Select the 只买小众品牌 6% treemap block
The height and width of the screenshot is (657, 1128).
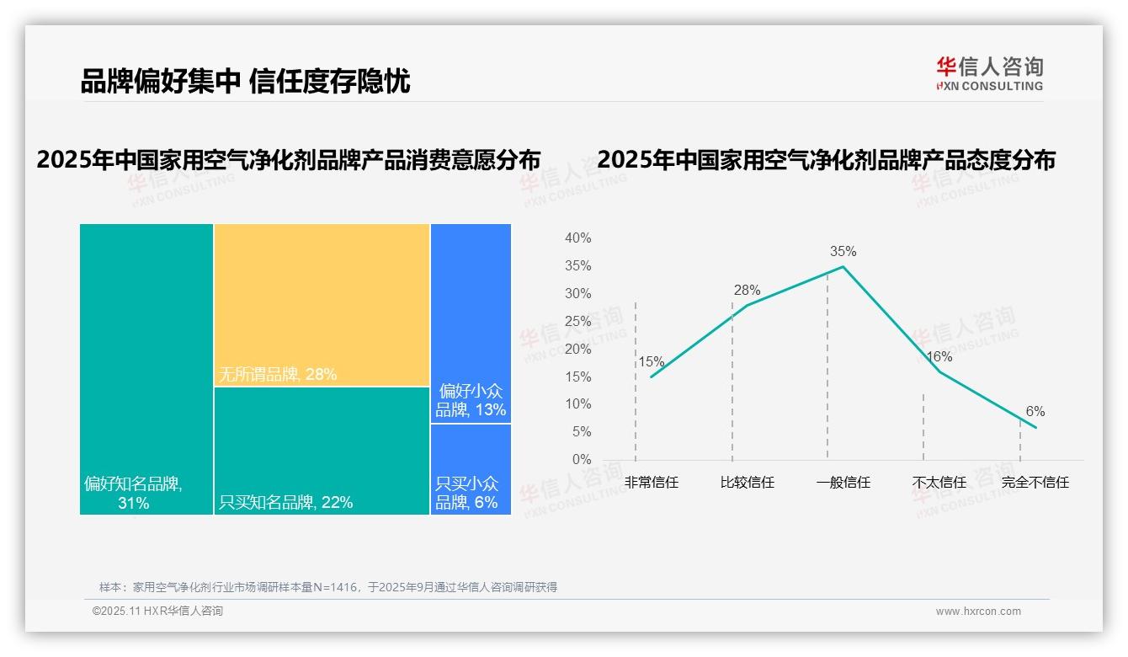[471, 469]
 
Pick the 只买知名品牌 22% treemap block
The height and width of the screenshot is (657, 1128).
[322, 451]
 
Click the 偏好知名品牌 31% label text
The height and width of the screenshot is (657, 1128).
[133, 494]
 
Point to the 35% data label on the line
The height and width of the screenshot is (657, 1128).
[843, 251]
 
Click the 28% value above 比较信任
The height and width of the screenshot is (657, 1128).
[747, 291]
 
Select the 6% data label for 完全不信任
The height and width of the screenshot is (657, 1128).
[1035, 412]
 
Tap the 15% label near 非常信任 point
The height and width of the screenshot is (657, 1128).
[651, 362]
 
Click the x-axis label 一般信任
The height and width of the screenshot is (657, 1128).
[843, 483]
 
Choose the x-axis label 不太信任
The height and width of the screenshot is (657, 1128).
[939, 483]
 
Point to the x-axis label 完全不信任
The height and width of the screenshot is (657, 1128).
[1035, 483]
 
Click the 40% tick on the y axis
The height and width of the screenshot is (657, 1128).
[577, 238]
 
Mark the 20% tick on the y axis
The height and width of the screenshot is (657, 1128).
[577, 349]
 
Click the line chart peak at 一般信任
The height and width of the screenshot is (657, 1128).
[843, 267]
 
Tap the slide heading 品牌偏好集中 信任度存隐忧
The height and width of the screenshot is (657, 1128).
[245, 82]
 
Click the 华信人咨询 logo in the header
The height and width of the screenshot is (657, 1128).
[989, 73]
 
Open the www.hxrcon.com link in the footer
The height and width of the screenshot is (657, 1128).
[978, 612]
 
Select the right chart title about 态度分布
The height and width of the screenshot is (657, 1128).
[826, 160]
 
